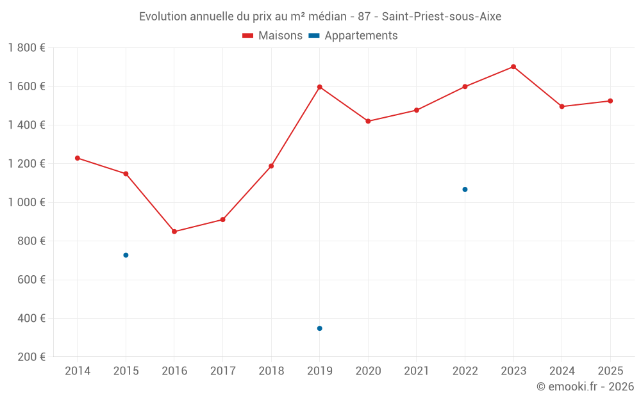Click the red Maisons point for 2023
(x=513, y=67)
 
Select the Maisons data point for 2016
(x=174, y=232)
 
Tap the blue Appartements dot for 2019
(x=319, y=328)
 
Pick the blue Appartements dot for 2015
(x=126, y=255)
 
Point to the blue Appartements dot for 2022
(x=465, y=189)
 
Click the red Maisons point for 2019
(x=319, y=87)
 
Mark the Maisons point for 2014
(x=78, y=158)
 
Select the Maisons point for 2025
(x=610, y=101)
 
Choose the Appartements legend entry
(x=360, y=36)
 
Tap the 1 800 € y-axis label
(x=27, y=48)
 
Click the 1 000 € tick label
(x=27, y=202)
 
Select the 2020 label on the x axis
(x=368, y=371)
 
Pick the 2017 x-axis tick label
(x=222, y=371)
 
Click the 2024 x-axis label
(x=562, y=371)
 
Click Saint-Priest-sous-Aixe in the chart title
(x=442, y=17)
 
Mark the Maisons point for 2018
(x=271, y=166)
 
